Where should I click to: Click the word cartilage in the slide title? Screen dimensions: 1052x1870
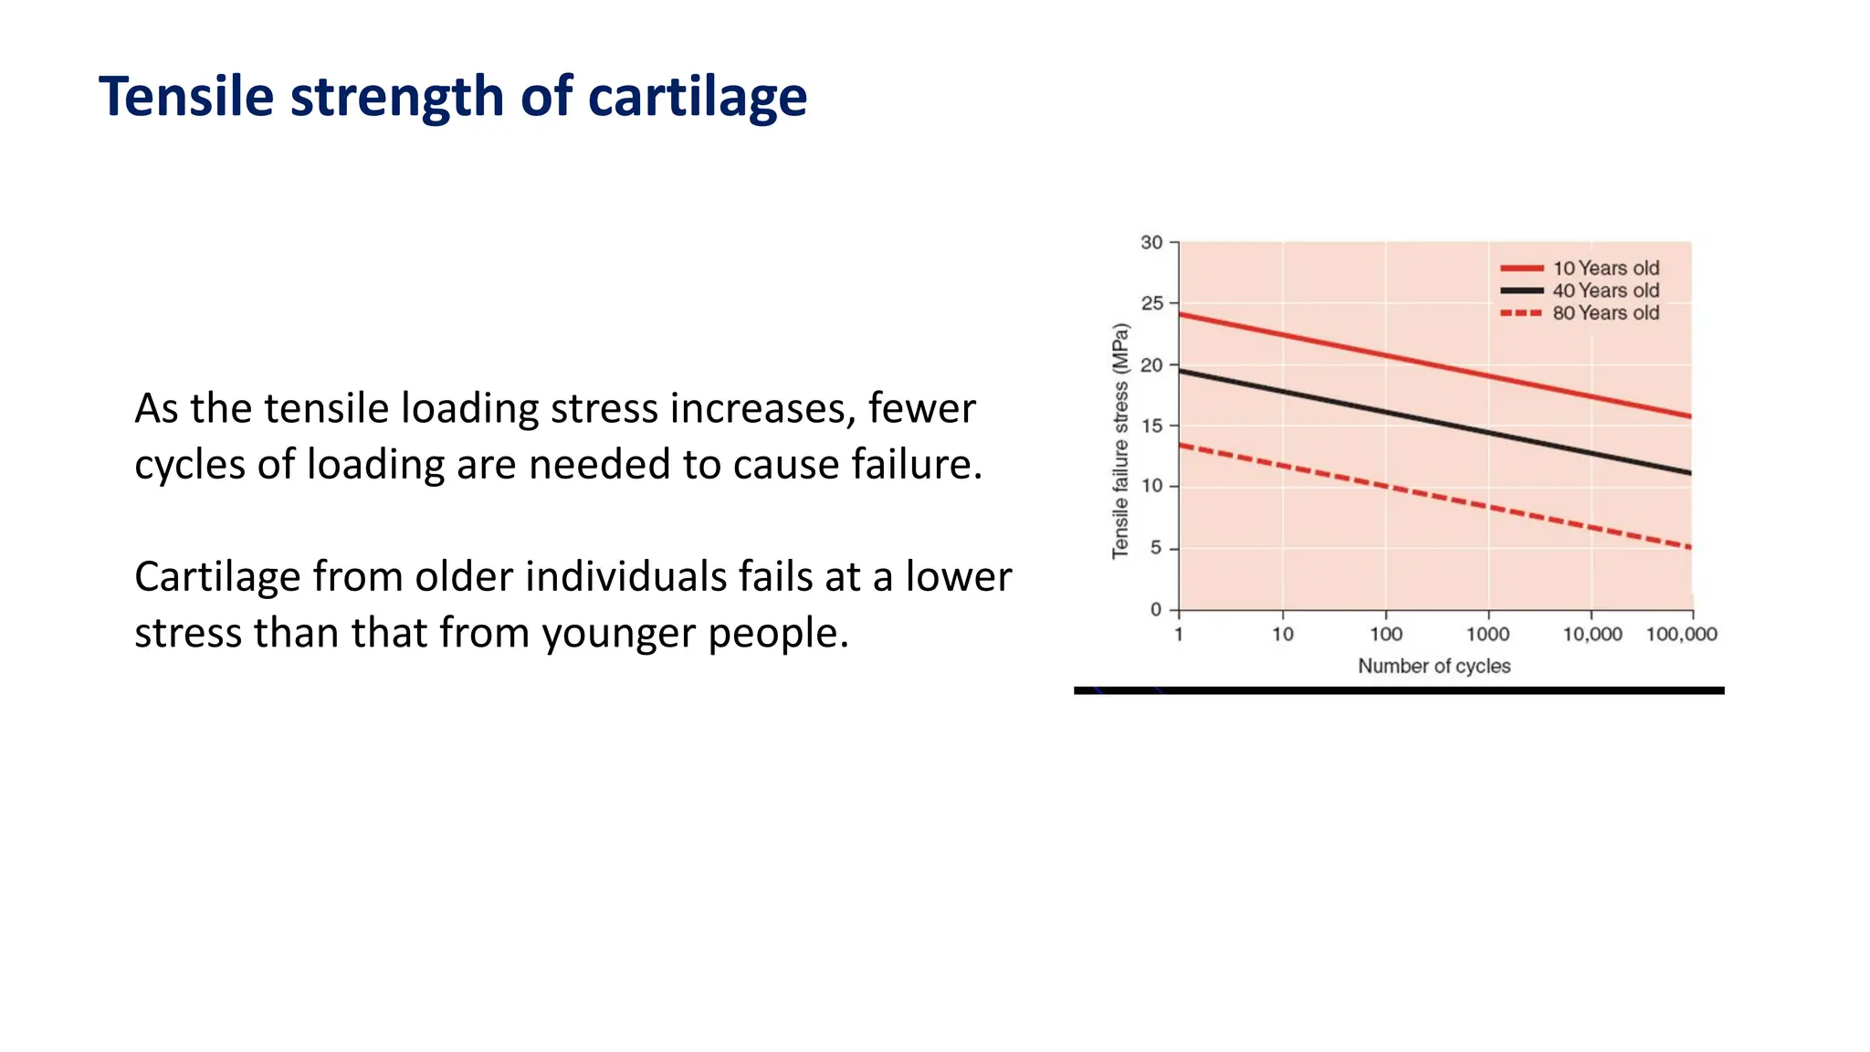tap(697, 97)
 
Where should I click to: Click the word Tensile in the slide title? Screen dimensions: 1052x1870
tap(186, 97)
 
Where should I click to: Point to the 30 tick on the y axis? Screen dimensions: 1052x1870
tap(1151, 243)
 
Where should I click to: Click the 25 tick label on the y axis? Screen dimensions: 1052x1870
tap(1151, 303)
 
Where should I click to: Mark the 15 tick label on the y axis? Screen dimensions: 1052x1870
tap(1151, 426)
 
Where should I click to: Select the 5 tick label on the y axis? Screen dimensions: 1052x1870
tap(1156, 548)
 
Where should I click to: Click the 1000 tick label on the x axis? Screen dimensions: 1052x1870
tap(1487, 635)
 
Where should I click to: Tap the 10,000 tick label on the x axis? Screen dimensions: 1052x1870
tap(1592, 635)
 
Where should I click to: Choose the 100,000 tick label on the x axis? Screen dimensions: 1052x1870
tap(1681, 635)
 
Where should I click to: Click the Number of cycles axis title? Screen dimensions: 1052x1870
tap(1434, 667)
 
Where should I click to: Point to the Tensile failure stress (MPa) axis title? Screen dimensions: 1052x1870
tap(1120, 441)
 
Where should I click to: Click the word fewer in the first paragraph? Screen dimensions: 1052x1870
tap(921, 408)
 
